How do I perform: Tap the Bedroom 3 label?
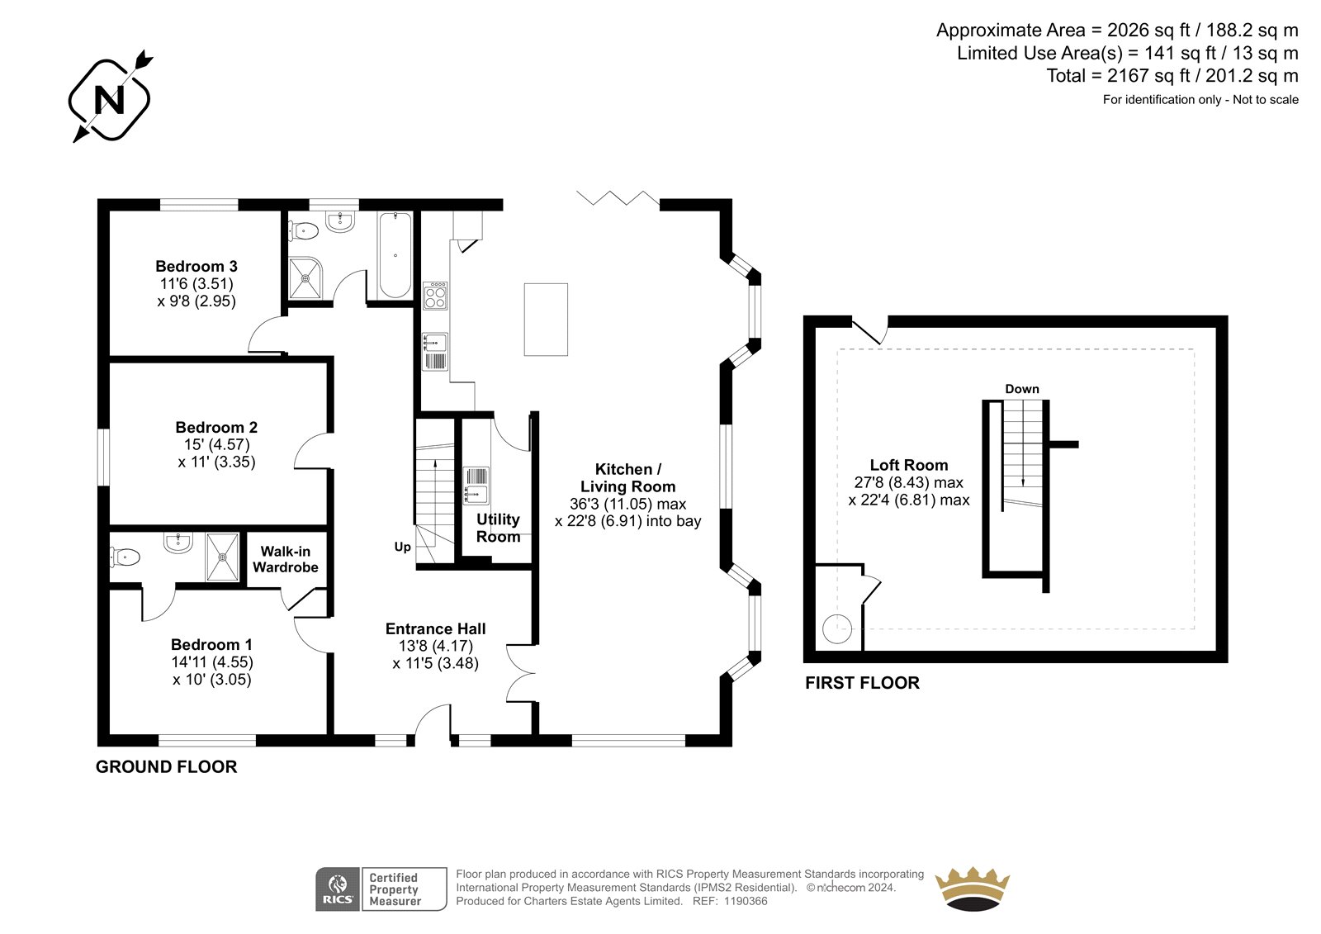(196, 266)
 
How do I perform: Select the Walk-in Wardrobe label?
(286, 559)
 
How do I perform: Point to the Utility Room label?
(499, 528)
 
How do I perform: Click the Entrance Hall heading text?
(436, 629)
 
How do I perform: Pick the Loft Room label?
(909, 465)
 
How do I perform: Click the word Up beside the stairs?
(402, 547)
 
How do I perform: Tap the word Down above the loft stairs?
(1022, 389)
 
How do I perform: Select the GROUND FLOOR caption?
(166, 767)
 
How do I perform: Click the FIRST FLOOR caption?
(862, 683)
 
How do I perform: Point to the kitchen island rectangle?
(546, 320)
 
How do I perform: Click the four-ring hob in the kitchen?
(435, 296)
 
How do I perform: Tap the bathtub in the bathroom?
(395, 255)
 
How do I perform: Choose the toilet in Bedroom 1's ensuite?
(125, 557)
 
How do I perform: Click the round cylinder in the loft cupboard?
(837, 628)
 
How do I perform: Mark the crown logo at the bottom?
(973, 889)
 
